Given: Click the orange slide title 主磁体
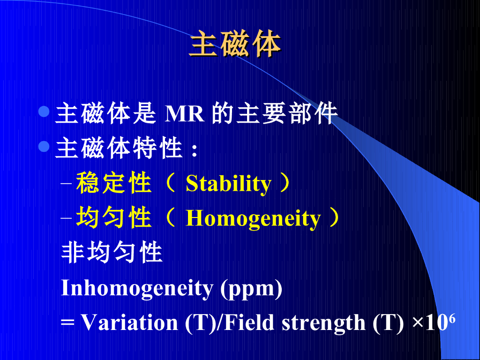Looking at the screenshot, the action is [x=235, y=44].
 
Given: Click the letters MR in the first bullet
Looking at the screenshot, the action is [x=184, y=114].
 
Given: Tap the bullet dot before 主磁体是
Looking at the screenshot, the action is [x=45, y=112].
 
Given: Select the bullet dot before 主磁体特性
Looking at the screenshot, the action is [x=45, y=146].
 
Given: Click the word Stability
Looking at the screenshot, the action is [x=228, y=184].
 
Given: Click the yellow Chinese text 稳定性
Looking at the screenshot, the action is [x=114, y=183].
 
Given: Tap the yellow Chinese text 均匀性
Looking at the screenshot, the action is [x=114, y=217].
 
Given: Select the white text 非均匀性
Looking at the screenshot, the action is [x=112, y=253].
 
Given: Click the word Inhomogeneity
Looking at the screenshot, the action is [x=137, y=288].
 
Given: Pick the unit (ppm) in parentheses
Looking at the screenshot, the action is [x=251, y=289].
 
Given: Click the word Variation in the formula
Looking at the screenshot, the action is [x=129, y=322].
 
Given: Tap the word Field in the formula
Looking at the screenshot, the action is [x=249, y=322].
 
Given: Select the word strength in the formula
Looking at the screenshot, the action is [x=323, y=324].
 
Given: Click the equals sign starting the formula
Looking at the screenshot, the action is [x=67, y=324].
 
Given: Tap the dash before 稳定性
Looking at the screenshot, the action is [x=66, y=184].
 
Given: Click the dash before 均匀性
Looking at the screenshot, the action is [x=66, y=218].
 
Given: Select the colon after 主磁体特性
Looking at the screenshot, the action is [x=194, y=150].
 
